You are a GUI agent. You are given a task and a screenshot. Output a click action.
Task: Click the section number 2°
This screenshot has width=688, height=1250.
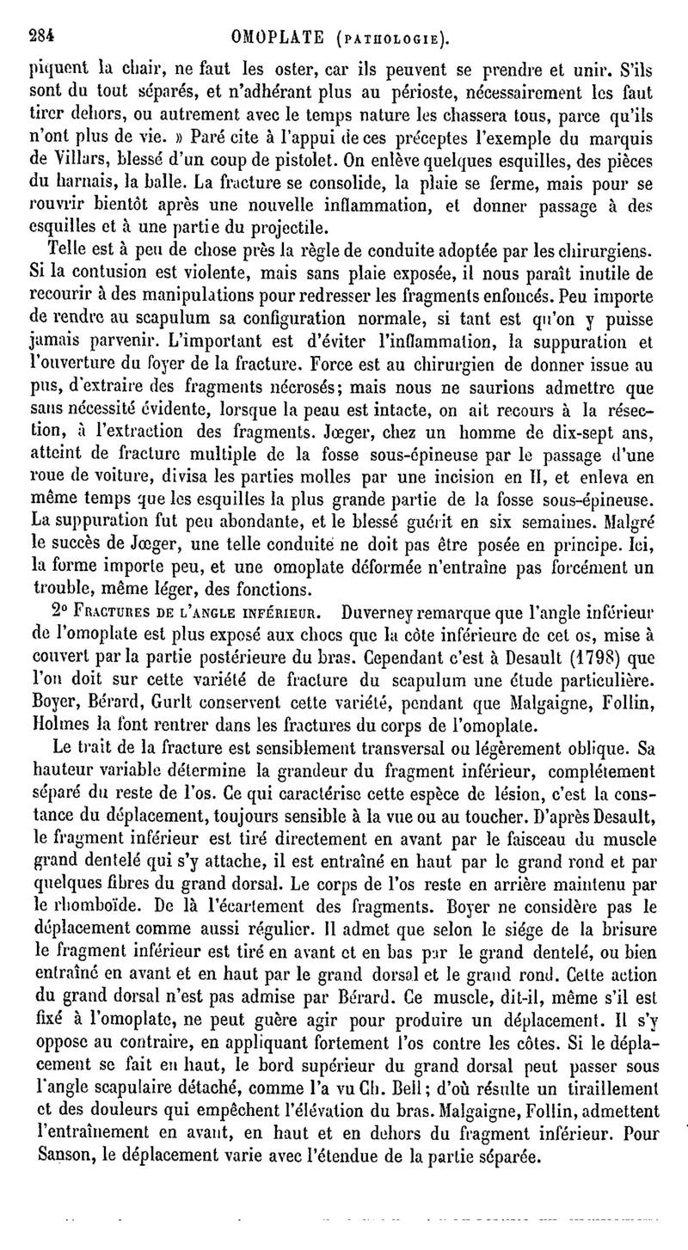(62, 613)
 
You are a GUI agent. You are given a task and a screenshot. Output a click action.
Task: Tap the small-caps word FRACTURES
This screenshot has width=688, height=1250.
(117, 614)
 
